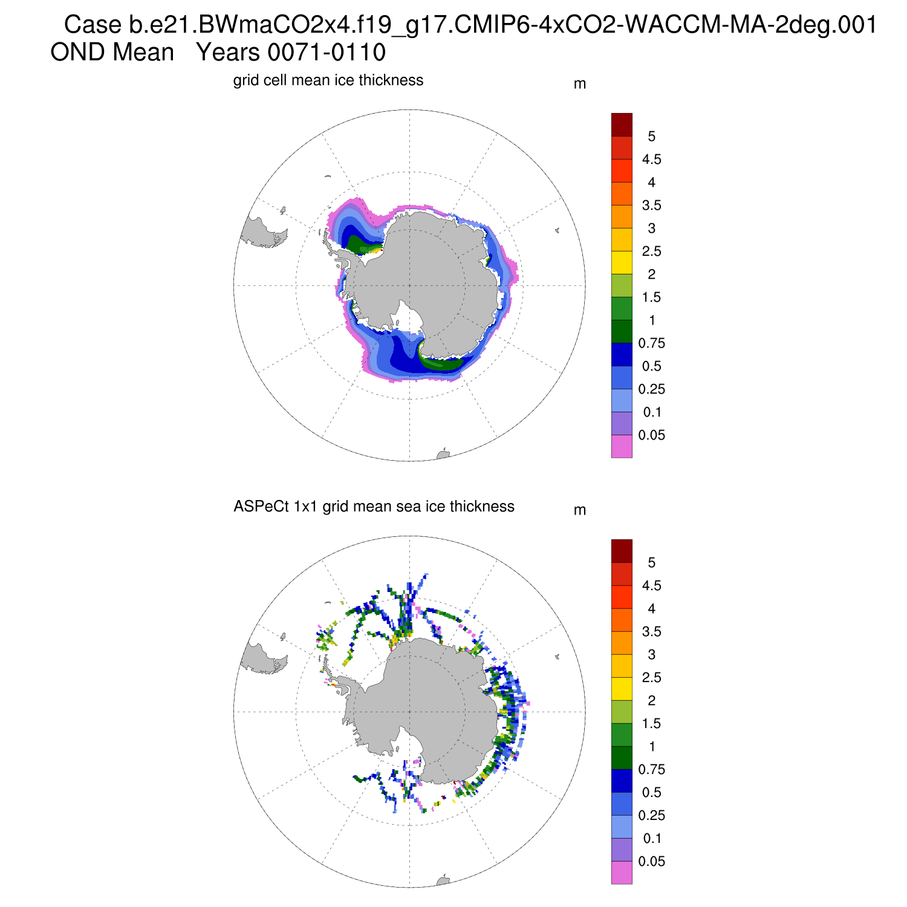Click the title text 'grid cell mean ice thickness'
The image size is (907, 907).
[328, 80]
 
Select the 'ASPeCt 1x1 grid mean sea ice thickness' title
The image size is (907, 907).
[374, 507]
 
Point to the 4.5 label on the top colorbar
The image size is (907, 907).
[651, 160]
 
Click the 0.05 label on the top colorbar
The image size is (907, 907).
[651, 435]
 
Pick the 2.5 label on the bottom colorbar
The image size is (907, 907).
[651, 678]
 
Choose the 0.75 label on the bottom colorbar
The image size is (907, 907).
[651, 770]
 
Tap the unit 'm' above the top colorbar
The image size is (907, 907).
[579, 84]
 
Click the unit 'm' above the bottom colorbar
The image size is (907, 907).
[579, 510]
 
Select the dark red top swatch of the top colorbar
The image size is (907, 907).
[622, 125]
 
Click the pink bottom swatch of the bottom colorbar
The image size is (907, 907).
[622, 873]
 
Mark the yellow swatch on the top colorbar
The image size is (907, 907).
[622, 262]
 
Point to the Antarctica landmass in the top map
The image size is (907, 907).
[417, 278]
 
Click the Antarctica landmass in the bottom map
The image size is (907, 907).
[417, 704]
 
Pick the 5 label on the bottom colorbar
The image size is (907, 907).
[651, 563]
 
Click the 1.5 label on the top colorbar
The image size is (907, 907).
[651, 297]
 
